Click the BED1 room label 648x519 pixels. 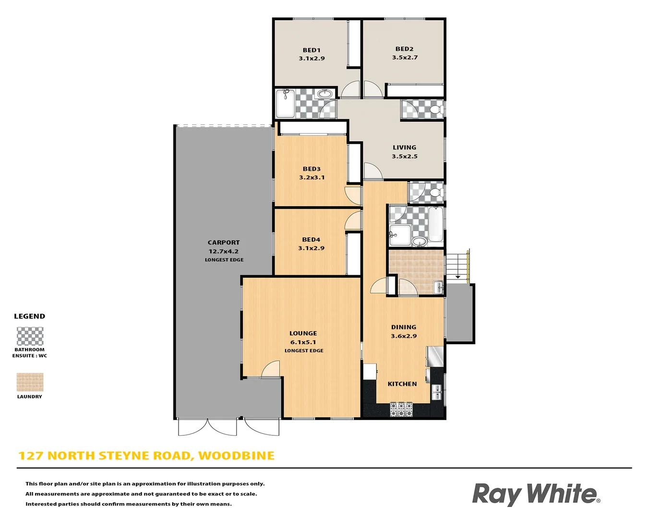pos(312,50)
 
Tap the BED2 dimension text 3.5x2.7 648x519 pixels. pos(405,58)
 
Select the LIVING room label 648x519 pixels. pos(404,148)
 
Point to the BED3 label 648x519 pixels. pos(312,169)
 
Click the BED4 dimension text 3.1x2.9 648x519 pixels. pos(311,248)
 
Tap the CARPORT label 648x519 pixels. pos(224,243)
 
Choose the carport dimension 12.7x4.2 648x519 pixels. pos(224,251)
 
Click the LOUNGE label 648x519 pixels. pos(303,333)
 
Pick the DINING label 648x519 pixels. pos(403,327)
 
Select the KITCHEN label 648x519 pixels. pos(402,384)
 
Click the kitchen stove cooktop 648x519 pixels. pos(401,409)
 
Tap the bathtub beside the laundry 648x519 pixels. pos(436,224)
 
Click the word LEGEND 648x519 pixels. pos(30,316)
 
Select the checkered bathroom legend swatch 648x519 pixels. pos(30,336)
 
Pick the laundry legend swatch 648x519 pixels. pos(30,383)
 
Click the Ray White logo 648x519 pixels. pos(536,494)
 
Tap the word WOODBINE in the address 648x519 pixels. pos(236,456)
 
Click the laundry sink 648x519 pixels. pos(438,287)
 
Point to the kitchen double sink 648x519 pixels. pos(437,393)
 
